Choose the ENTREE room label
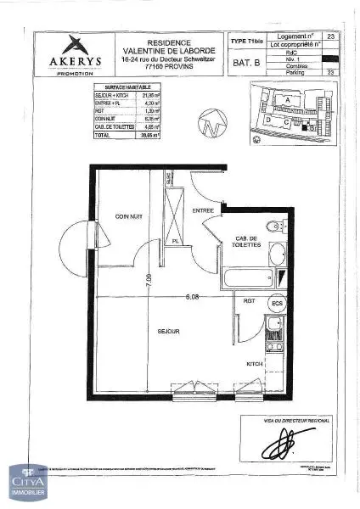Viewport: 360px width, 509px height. (203, 210)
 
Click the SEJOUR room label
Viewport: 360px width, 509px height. (167, 332)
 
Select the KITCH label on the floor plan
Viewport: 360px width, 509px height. (254, 364)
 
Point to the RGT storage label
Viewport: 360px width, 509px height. (250, 302)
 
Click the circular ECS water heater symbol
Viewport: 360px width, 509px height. (276, 303)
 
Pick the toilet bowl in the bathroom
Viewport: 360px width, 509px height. (274, 227)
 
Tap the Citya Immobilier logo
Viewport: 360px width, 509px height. (29, 487)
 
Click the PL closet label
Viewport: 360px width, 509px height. (175, 241)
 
